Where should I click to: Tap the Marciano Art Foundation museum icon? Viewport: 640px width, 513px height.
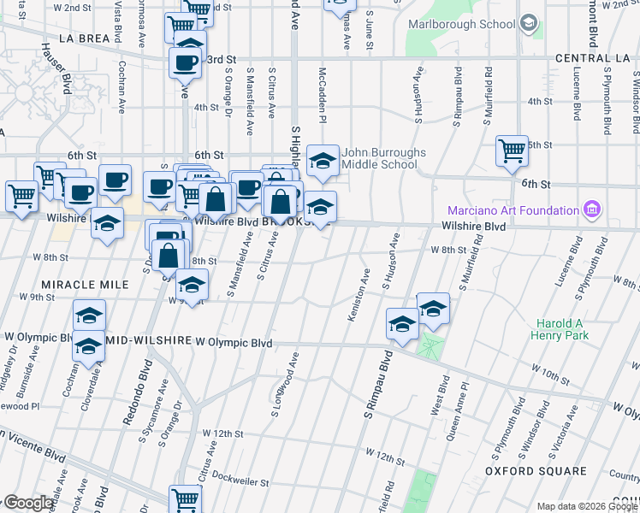591,209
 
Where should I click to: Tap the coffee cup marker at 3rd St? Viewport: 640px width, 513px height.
186,62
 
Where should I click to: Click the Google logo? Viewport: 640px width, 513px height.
28,504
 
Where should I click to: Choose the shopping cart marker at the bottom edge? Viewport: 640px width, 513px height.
185,498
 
